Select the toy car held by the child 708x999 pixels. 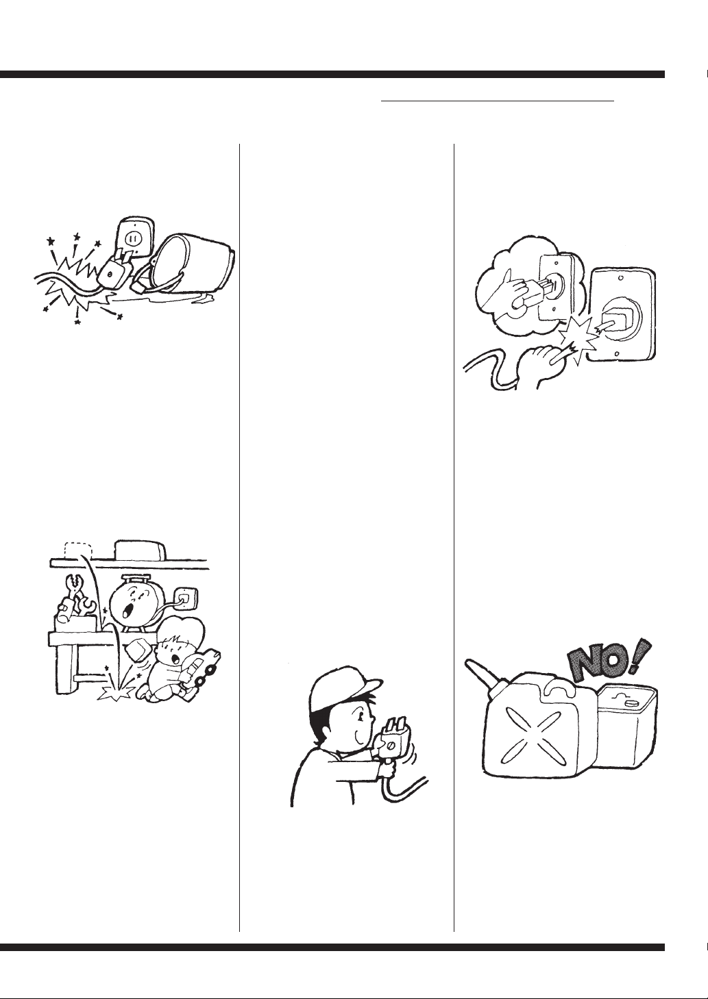point(203,668)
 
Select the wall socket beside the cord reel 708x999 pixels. point(186,598)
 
